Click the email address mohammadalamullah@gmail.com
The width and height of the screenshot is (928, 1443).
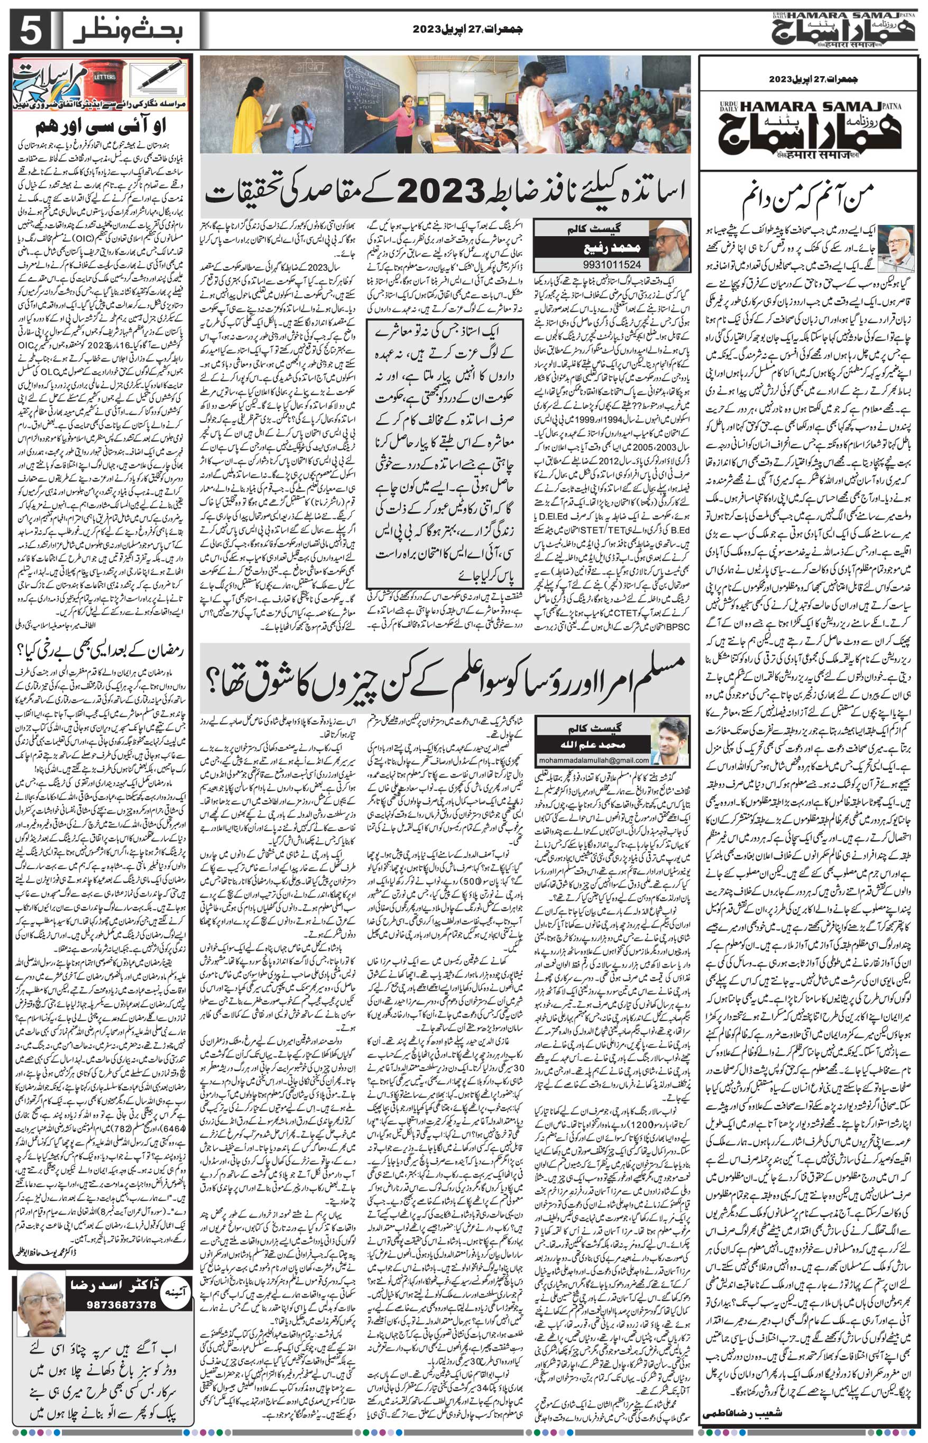click(594, 760)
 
